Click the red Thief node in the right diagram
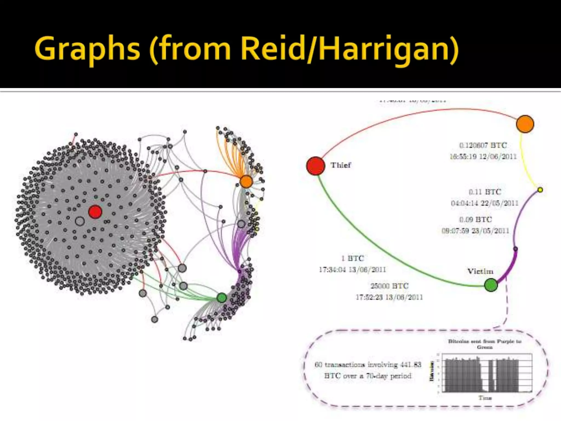[316, 166]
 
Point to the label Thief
[341, 165]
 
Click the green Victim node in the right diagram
[491, 285]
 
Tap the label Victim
[480, 271]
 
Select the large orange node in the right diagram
[525, 124]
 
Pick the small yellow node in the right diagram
[540, 190]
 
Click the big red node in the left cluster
[95, 212]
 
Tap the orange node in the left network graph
[246, 182]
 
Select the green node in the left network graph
[222, 297]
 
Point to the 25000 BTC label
[389, 286]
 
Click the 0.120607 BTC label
[483, 145]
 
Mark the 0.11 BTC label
[485, 192]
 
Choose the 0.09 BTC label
[476, 220]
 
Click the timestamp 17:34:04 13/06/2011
[352, 270]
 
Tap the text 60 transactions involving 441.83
[368, 365]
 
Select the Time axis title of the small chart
[485, 397]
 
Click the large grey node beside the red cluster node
[80, 221]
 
